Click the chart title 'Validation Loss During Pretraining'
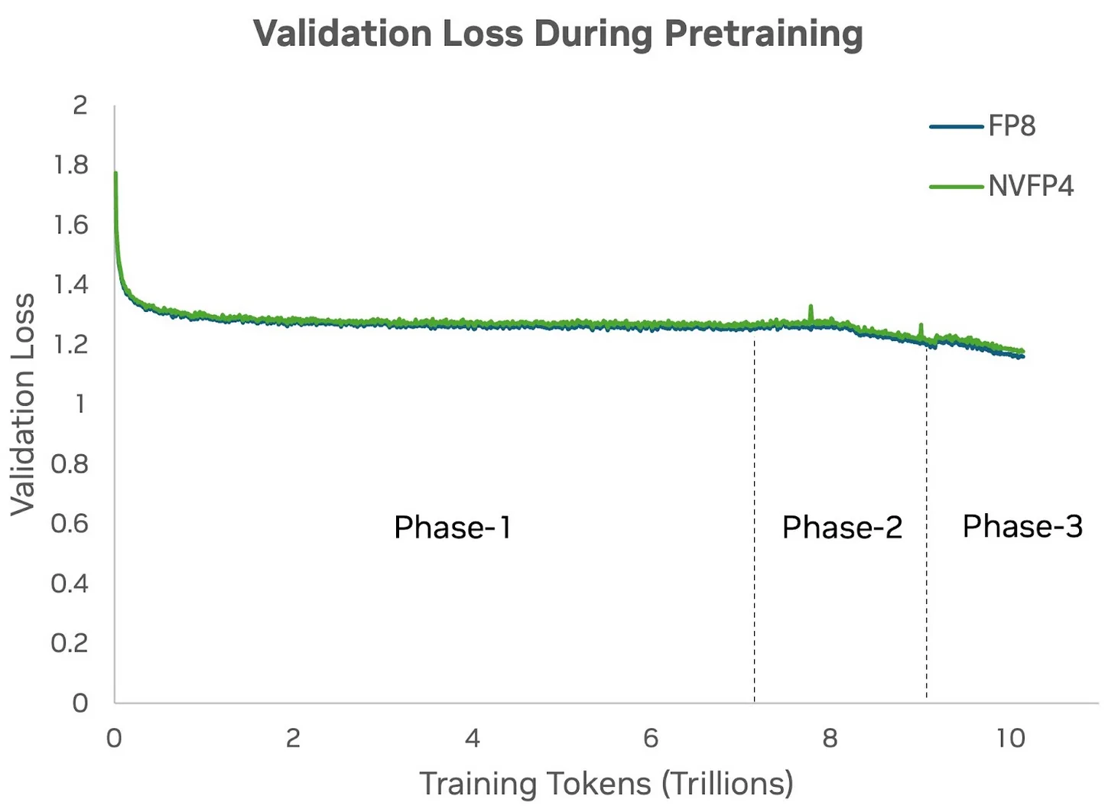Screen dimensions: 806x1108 click(x=557, y=34)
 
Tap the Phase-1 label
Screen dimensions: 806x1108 click(x=452, y=528)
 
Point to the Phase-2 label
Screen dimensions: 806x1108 click(x=842, y=528)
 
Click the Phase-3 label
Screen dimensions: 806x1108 click(x=1022, y=526)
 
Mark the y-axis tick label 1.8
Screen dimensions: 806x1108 click(x=71, y=165)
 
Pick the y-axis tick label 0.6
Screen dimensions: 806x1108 click(x=70, y=524)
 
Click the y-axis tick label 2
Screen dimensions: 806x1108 click(x=80, y=106)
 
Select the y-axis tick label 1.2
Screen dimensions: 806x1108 click(x=71, y=344)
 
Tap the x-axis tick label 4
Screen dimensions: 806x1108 click(x=472, y=738)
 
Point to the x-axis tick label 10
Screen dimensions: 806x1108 click(x=1010, y=738)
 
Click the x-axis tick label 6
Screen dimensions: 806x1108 click(x=651, y=738)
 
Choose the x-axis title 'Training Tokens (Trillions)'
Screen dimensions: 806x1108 click(x=606, y=784)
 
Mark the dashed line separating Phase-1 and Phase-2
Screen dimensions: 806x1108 click(x=755, y=520)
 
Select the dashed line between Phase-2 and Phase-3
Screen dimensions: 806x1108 click(x=927, y=520)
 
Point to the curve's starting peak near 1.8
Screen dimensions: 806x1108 click(x=115, y=174)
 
